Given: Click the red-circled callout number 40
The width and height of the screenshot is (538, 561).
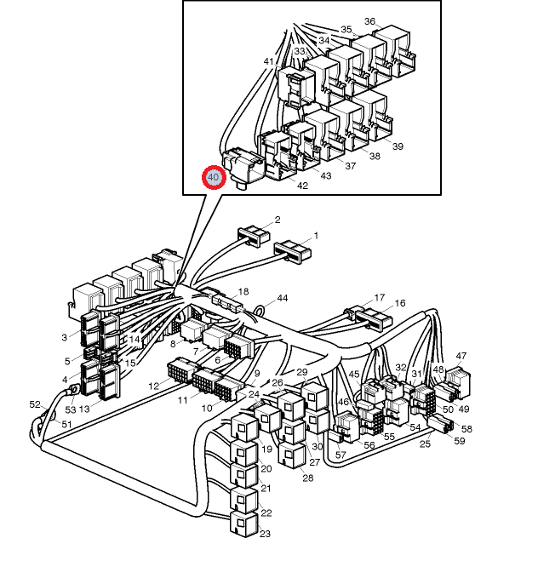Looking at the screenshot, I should click(213, 178).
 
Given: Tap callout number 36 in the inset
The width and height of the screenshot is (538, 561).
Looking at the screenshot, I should click(369, 21).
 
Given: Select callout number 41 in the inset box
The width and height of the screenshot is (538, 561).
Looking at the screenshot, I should click(269, 61).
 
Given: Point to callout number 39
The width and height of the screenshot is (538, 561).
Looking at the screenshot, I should click(398, 146).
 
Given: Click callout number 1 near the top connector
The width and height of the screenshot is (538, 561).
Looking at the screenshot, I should click(316, 235).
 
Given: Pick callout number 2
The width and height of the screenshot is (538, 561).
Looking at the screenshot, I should click(278, 220).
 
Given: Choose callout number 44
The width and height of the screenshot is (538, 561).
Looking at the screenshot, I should click(283, 299).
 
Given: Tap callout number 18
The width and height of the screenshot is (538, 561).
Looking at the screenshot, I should click(243, 291).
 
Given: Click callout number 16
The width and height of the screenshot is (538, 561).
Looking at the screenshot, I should click(400, 303).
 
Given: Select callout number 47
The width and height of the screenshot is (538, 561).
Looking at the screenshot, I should click(461, 356).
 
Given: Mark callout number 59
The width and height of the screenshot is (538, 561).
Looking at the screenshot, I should click(460, 441).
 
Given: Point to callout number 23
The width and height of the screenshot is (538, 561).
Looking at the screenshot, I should click(266, 534).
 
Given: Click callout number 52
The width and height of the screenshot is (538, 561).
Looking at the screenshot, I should click(35, 404).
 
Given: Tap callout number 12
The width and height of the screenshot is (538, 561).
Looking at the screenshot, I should click(154, 386).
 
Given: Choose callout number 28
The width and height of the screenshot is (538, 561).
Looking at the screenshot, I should click(307, 478).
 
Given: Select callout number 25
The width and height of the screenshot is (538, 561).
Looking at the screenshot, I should click(425, 445).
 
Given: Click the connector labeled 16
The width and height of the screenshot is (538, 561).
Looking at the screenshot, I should click(373, 320).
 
